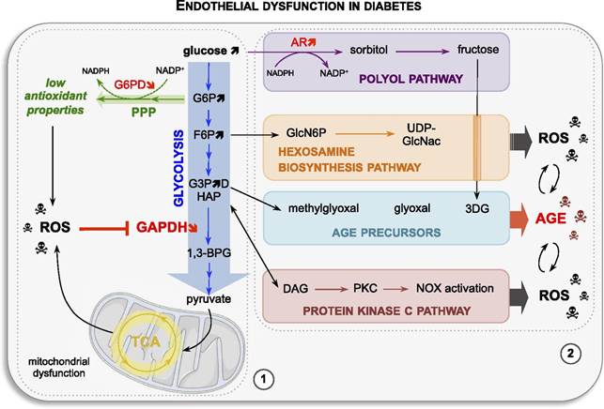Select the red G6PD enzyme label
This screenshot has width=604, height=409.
click(132, 84)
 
